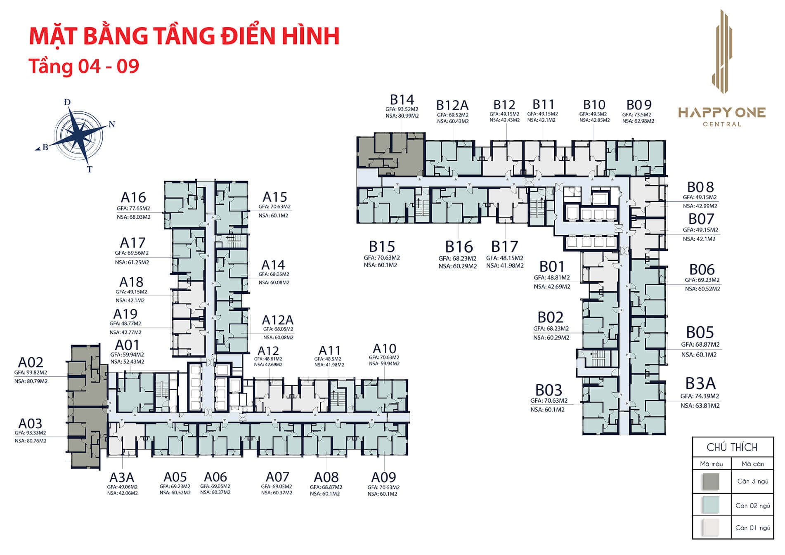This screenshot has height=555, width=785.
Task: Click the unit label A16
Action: point(133,197)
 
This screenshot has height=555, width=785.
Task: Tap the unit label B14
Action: point(402,100)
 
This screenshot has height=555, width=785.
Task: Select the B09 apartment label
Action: point(638,105)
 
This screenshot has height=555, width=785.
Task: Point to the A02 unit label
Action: point(31,362)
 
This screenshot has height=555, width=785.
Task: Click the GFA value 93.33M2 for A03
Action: point(31,433)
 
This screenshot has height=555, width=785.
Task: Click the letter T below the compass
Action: point(90,169)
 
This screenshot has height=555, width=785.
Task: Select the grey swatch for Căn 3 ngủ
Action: point(710,482)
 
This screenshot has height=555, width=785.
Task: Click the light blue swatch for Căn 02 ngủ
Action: point(710,505)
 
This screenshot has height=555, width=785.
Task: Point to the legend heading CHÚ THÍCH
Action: point(732,447)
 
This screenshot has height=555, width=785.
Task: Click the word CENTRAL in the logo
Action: point(722,124)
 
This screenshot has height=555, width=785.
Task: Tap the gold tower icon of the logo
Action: point(722,52)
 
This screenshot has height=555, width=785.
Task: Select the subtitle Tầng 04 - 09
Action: point(84,66)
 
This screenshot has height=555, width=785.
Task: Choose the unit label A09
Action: point(383,477)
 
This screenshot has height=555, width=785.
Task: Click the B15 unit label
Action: point(382,247)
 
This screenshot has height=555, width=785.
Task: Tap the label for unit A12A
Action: point(278,320)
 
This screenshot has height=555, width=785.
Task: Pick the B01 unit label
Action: point(551,267)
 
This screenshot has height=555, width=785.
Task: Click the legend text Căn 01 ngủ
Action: point(752,528)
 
